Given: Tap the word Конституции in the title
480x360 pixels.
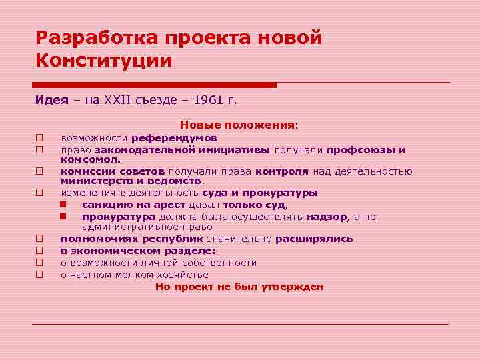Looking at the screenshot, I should click(x=104, y=61).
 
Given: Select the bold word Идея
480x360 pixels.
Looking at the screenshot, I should click(x=52, y=100).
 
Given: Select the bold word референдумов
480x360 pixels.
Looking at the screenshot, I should click(x=174, y=138).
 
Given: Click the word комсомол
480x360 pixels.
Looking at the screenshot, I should click(x=91, y=159).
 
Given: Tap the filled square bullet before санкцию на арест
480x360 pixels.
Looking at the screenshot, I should click(x=63, y=205).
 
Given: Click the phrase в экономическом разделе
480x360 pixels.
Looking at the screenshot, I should click(x=138, y=250).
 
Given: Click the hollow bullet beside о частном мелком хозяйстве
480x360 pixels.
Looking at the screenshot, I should click(x=39, y=274).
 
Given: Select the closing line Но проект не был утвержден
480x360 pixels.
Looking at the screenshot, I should click(x=239, y=287).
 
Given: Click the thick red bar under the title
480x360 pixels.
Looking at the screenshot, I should click(x=155, y=85).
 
